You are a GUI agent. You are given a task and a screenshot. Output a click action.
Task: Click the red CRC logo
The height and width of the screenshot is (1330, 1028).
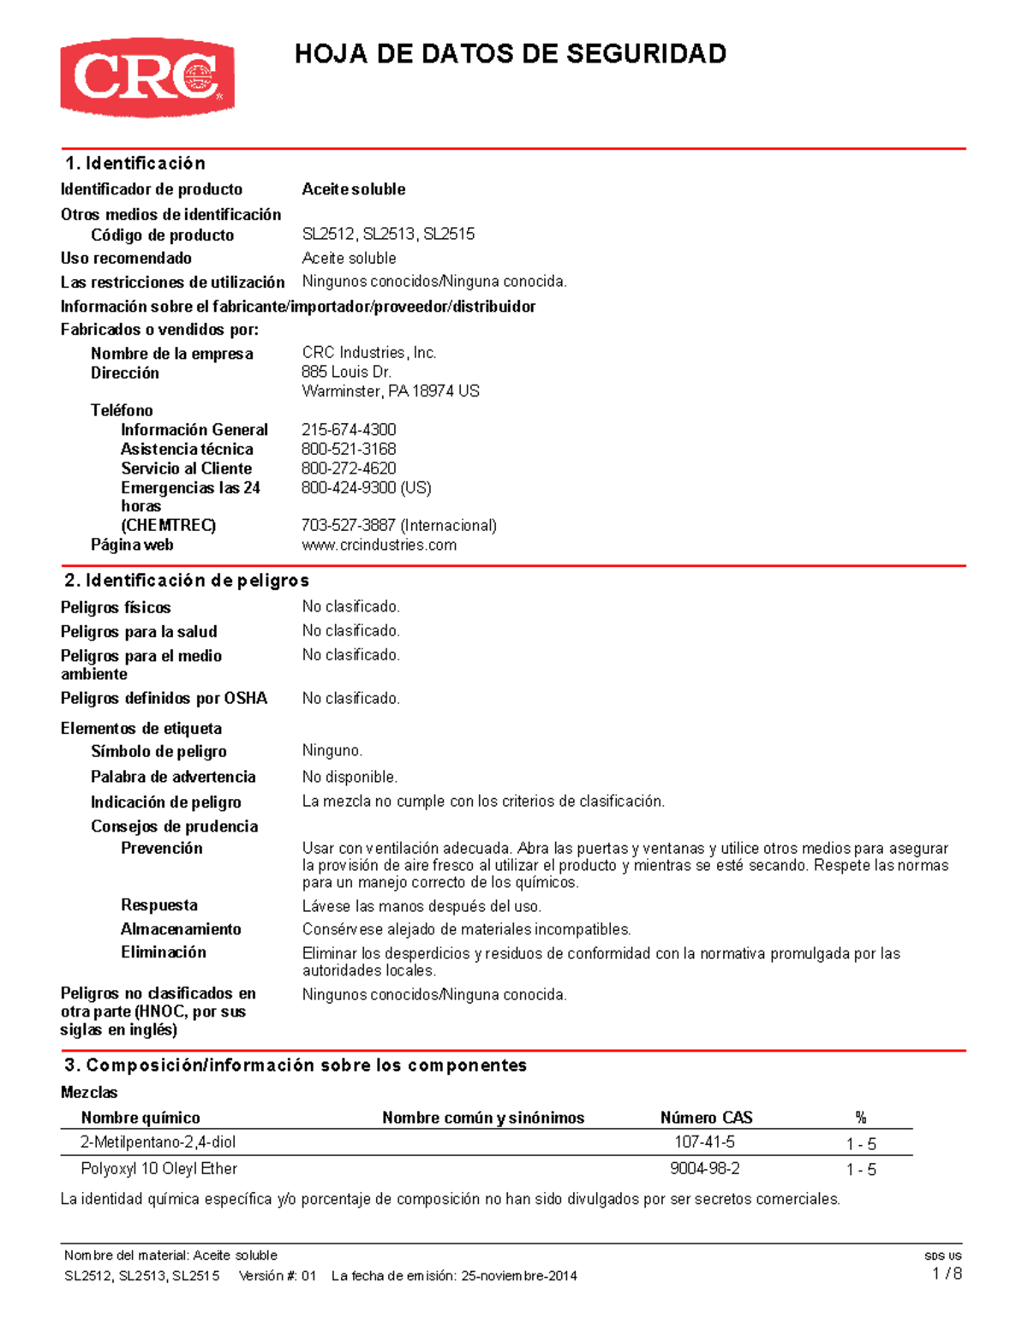point(146,77)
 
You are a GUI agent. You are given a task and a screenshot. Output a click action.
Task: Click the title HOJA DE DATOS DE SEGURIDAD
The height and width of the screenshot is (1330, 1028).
point(511,54)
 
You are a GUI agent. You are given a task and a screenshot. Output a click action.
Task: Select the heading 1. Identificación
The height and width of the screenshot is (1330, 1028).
point(135,163)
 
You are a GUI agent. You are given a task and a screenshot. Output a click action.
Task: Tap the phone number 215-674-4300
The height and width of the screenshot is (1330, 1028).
point(349,429)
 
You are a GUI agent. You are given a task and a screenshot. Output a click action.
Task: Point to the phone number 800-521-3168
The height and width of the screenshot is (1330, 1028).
point(349,449)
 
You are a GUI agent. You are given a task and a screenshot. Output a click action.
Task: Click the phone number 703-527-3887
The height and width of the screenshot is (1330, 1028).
point(349,525)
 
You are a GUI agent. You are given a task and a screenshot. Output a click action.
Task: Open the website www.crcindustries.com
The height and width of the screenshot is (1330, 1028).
point(379,545)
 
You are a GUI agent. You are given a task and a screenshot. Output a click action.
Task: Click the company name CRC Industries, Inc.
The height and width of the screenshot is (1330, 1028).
point(369,352)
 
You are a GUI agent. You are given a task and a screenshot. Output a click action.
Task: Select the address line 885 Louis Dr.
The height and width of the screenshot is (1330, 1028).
point(346,372)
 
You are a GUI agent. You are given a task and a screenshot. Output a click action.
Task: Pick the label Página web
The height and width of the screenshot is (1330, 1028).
point(132,545)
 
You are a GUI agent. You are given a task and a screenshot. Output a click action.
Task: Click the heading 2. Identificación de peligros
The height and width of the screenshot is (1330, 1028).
point(187,580)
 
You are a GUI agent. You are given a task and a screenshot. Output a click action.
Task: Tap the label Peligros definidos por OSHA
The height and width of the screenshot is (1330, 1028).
point(164,698)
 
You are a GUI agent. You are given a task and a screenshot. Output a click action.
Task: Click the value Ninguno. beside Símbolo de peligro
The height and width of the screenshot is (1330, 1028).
point(332,750)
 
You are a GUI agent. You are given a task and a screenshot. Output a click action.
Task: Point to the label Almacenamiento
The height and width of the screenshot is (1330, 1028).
point(181,928)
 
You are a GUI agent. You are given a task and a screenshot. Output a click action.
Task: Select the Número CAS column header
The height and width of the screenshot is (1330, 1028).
point(706,1117)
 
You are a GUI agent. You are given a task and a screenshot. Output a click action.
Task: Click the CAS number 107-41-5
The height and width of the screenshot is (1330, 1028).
point(704,1142)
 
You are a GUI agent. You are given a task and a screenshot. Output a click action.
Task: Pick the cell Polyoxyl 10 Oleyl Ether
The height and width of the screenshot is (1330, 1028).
point(158,1168)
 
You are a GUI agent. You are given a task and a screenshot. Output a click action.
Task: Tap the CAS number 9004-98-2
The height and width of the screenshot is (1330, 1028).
point(704,1168)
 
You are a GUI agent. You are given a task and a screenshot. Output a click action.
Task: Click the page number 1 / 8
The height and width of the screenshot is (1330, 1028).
point(947,1273)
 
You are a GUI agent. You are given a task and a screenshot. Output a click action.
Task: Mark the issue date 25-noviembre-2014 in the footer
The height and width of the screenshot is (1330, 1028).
point(518,1275)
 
